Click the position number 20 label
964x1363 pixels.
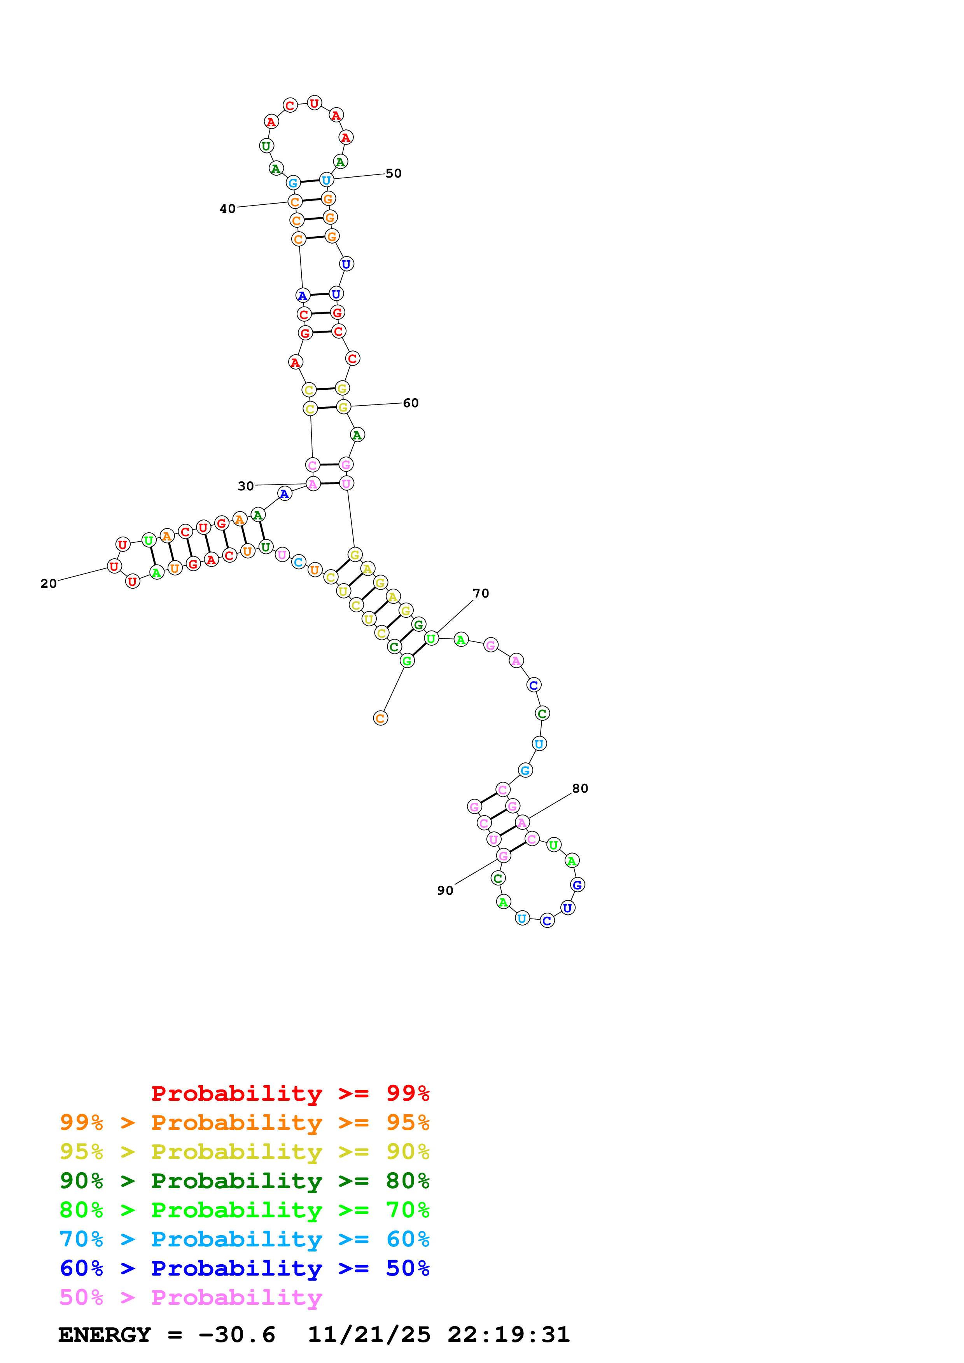[x=49, y=584]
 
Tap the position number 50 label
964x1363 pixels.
[x=393, y=173]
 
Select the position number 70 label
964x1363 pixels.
[x=481, y=593]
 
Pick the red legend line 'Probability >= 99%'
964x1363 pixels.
[x=290, y=1093]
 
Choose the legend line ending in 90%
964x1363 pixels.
[x=244, y=1152]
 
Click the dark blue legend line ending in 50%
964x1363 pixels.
[x=244, y=1268]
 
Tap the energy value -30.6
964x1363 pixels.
[x=237, y=1335]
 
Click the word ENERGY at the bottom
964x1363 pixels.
[x=105, y=1335]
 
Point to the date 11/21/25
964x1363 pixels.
[x=369, y=1335]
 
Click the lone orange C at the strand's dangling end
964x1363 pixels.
[x=380, y=718]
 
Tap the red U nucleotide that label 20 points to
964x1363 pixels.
[x=114, y=566]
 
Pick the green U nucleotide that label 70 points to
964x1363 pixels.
[x=431, y=639]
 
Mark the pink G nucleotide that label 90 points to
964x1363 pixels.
[x=503, y=856]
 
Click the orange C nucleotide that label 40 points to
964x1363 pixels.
[x=295, y=202]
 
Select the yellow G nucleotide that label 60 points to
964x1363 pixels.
[x=343, y=407]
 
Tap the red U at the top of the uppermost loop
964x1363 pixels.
[x=314, y=103]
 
